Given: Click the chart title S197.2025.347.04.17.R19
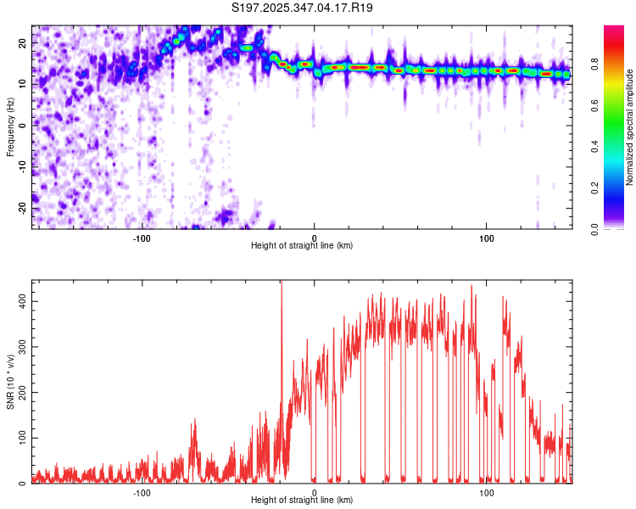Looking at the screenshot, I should coord(303,8).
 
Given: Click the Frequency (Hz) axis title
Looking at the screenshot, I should coord(10,125).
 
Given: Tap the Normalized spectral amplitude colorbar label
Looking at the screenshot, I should coord(630,127).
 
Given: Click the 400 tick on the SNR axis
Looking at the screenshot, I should coord(19,301).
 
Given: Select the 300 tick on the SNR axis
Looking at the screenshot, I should coord(19,347).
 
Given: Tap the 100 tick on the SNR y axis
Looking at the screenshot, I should coord(19,438).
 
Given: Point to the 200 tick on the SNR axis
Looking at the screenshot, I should coord(19,393).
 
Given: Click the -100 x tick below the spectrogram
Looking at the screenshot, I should coord(142,238).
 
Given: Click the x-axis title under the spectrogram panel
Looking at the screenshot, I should coord(302,246).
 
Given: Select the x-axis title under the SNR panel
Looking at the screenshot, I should coord(302,501).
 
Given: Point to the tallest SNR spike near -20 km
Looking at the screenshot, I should coord(281,285).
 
